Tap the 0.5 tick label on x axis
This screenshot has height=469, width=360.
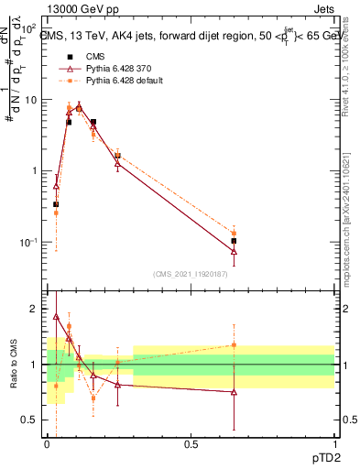point(191,444)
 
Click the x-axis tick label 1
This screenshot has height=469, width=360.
point(333,444)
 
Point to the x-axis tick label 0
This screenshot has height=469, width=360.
point(47,444)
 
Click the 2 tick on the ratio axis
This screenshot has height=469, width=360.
point(34,309)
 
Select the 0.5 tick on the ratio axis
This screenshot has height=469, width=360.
point(29,420)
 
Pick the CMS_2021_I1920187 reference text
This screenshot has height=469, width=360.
point(191,274)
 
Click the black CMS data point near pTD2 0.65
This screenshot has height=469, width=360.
point(234,241)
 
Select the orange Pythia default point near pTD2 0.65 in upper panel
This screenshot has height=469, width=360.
point(234,234)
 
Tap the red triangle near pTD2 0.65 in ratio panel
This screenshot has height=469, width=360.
point(234,392)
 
